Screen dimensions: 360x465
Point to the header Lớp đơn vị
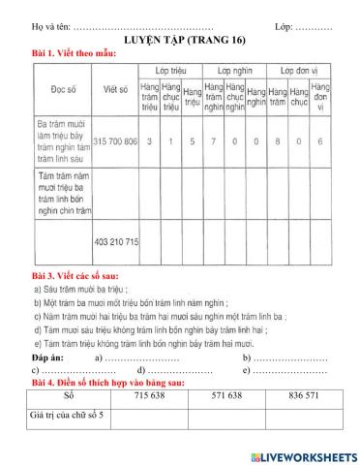300,72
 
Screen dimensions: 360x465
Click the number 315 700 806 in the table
116,141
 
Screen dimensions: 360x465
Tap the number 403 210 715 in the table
116,240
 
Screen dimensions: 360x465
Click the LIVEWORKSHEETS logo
303,454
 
